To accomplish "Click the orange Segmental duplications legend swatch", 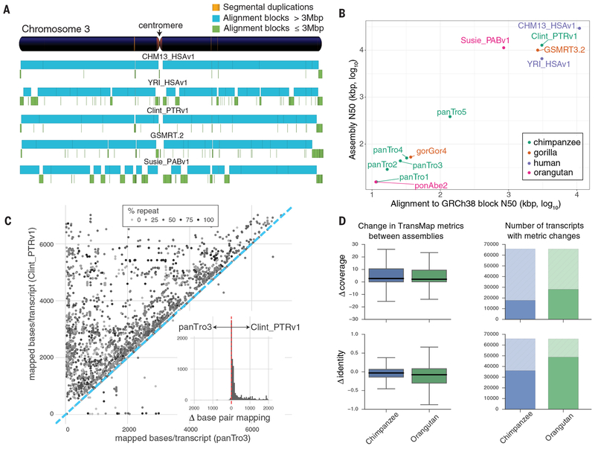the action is [216, 7].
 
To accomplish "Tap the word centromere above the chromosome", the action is [161, 25].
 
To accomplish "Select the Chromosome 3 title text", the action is [56, 29].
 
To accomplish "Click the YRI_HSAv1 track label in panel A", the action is [168, 83].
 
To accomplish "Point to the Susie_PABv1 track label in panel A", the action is [167, 162].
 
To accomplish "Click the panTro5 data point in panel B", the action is [450, 117].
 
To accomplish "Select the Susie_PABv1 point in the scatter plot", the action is [504, 48].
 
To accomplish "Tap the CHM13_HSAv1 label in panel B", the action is [547, 26].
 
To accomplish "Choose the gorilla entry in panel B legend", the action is [545, 153].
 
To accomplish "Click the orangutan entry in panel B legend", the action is [550, 173].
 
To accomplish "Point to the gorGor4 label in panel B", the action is [431, 151].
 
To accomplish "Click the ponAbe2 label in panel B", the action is [431, 185].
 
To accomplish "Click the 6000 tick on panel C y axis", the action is [47, 244].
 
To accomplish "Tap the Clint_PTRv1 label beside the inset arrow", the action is [275, 327].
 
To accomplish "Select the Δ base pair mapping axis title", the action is [230, 418].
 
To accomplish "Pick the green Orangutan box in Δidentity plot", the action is [429, 376].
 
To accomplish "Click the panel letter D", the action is [342, 221].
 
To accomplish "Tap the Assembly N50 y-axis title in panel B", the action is [353, 109].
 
